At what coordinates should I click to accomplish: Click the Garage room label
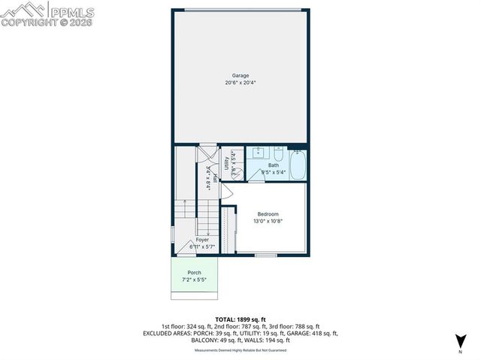(240, 75)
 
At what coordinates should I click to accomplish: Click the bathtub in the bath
(298, 166)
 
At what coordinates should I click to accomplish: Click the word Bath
(273, 165)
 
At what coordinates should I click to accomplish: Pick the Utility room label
(226, 164)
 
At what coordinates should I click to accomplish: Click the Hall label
(215, 178)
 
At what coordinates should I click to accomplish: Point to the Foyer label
(203, 240)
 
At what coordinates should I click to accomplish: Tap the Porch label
(194, 273)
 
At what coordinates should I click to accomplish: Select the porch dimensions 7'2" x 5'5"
(194, 280)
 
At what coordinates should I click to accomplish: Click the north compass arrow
(458, 345)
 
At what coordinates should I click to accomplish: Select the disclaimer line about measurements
(240, 350)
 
